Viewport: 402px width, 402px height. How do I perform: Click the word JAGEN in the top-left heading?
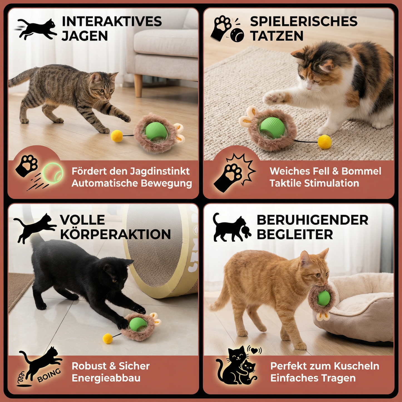[x=85, y=36]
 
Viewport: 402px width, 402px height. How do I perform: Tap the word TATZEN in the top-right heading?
[x=277, y=36]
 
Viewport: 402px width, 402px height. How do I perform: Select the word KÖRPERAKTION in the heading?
[x=115, y=235]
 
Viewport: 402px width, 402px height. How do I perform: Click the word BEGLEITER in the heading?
[x=295, y=235]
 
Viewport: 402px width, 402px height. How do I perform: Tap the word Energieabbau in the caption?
[x=106, y=378]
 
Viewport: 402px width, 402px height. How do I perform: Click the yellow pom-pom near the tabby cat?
[x=117, y=136]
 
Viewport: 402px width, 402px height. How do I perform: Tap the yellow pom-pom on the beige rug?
[x=325, y=142]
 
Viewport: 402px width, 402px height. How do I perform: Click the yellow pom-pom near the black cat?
[x=108, y=338]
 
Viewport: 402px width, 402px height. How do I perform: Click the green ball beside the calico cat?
[x=272, y=127]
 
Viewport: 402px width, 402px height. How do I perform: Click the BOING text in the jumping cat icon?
[x=49, y=375]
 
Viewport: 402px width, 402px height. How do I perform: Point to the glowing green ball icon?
[x=53, y=173]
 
